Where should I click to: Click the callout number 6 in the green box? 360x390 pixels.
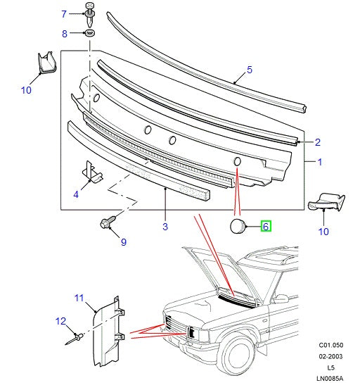266,226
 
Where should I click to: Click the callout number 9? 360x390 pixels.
123,243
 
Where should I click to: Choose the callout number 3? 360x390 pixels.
165,226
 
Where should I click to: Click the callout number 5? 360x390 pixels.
248,70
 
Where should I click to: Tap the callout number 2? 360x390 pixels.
318,141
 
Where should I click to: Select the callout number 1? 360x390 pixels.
321,162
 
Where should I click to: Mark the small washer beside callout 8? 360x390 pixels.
90,34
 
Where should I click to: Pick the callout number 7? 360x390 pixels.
64,14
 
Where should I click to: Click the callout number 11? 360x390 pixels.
79,298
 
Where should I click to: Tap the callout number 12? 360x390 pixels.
60,322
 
